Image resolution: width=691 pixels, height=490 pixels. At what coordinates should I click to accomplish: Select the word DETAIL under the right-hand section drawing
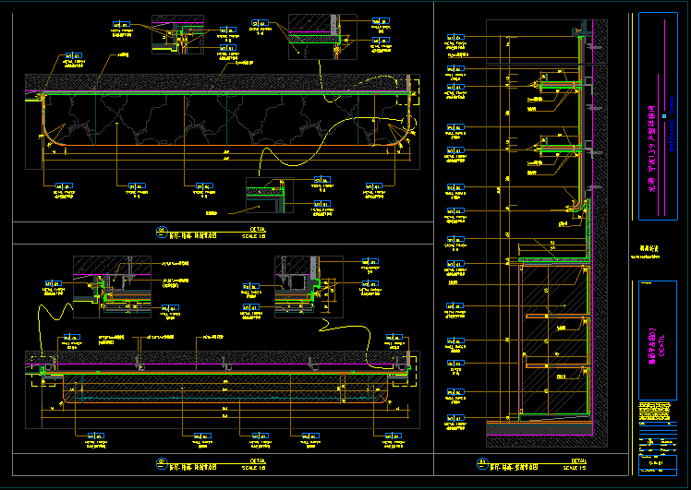[x=577, y=459]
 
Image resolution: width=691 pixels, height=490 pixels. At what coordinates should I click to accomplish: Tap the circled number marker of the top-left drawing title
[x=161, y=231]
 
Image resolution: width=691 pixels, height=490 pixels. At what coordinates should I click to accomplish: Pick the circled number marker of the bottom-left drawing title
[x=161, y=463]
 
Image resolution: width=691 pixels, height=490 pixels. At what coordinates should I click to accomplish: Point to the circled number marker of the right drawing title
[x=481, y=463]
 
